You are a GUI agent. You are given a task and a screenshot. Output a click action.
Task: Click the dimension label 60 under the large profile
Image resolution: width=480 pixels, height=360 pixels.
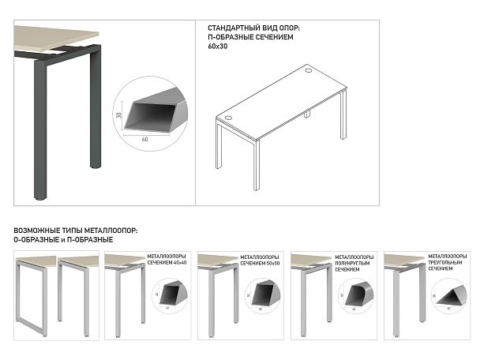(145, 139)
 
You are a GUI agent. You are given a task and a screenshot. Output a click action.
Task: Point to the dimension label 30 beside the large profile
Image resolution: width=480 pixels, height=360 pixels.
(118, 114)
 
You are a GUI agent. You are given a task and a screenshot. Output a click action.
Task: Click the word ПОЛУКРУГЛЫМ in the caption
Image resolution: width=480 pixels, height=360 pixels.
(354, 263)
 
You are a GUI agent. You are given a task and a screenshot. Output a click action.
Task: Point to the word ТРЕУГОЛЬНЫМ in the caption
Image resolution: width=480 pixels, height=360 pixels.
(448, 263)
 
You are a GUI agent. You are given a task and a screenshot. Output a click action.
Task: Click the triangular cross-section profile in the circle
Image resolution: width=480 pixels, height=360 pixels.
(452, 294)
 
